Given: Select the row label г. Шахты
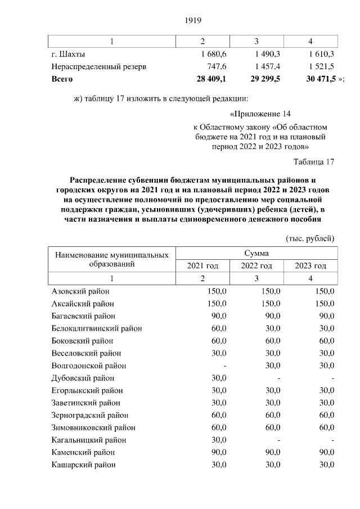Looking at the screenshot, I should (69, 55).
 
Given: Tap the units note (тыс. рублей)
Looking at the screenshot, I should (310, 238).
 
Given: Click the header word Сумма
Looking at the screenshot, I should (256, 254).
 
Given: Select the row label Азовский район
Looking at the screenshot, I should (80, 291).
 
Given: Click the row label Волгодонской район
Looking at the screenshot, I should (89, 366).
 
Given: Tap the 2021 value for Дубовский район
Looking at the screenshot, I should (219, 378).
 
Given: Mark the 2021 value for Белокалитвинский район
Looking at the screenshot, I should (219, 328).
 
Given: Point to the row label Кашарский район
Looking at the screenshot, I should (84, 465).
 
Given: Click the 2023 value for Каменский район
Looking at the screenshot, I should (327, 452).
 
